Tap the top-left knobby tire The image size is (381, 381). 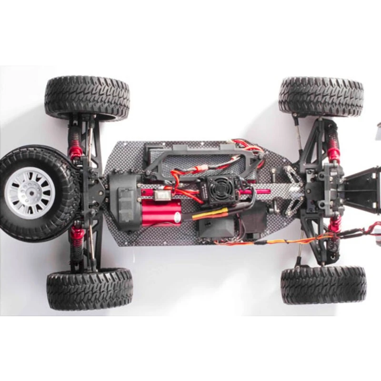[87, 98]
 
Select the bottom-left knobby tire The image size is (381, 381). [90, 289]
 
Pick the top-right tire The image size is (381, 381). [321, 97]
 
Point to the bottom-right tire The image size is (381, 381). [323, 285]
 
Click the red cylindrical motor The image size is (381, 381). [161, 212]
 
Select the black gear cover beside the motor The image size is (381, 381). [123, 202]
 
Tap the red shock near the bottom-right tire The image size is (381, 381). [335, 224]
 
